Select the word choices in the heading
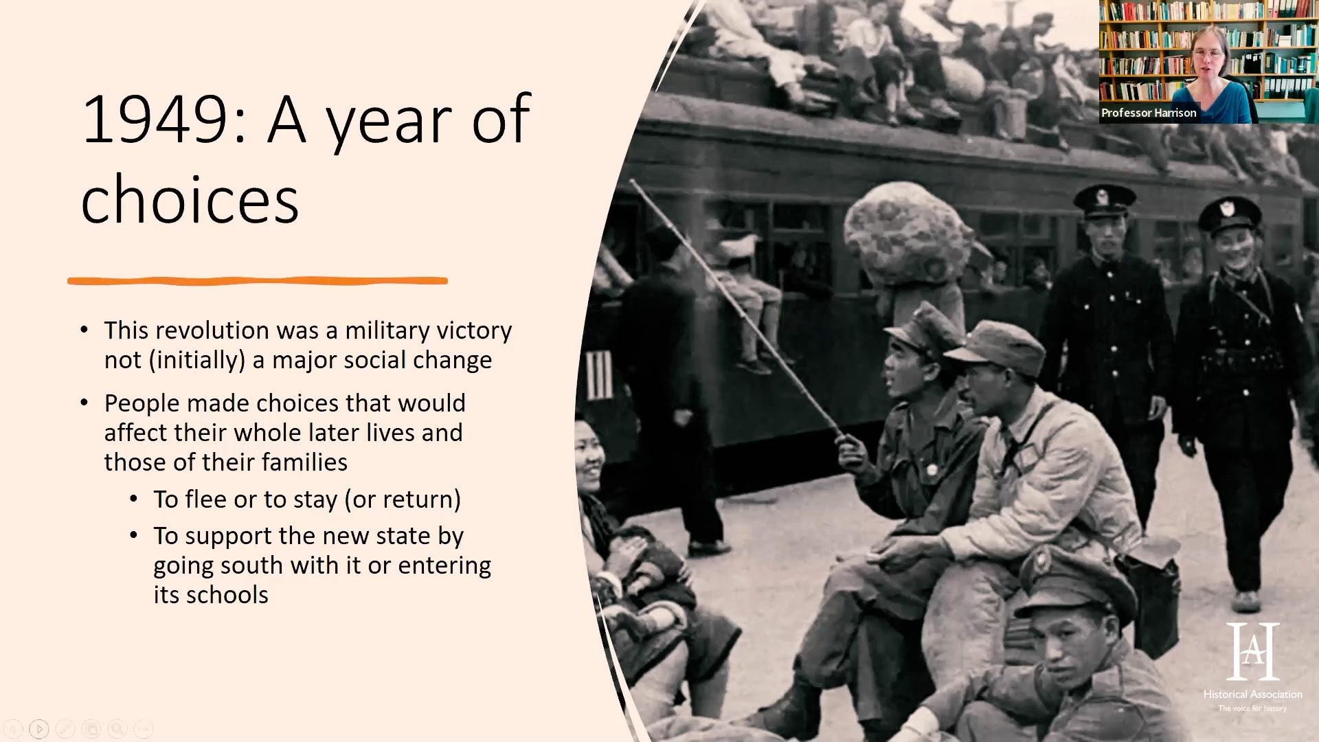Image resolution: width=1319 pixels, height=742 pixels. coord(190,200)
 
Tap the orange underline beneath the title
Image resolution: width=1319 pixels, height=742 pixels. coord(258,280)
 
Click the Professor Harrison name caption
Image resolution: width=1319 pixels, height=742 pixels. coord(1149,113)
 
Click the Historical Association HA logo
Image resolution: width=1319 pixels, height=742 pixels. coord(1253,651)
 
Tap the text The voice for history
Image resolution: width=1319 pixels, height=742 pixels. coord(1252,708)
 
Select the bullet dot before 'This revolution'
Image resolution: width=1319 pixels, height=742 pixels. coord(84,330)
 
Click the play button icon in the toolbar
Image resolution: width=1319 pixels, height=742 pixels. coord(39,729)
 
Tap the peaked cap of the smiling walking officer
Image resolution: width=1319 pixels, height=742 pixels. coord(1230,214)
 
